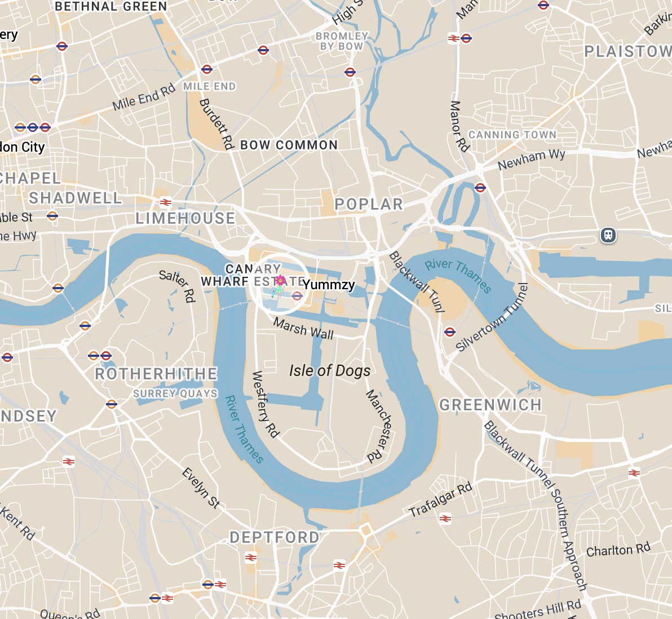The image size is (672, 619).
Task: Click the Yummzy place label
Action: (329, 285)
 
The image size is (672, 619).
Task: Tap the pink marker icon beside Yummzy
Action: (280, 280)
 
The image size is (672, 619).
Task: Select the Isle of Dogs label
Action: (330, 370)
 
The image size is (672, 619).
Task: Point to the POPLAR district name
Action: (369, 204)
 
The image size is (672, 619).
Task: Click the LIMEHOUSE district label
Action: (185, 218)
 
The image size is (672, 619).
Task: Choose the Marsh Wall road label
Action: (303, 328)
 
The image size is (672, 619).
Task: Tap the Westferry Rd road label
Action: (265, 404)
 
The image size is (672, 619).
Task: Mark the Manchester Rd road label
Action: (378, 426)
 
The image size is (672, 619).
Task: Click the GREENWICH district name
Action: (490, 405)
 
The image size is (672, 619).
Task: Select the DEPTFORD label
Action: (275, 537)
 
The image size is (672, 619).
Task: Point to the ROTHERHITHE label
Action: (156, 374)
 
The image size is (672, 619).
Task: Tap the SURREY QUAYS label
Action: (175, 393)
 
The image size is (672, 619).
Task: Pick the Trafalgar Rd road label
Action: (440, 500)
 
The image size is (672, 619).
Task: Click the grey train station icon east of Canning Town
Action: (608, 235)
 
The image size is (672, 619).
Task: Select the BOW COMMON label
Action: (289, 145)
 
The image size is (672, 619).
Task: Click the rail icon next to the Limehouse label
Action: (165, 202)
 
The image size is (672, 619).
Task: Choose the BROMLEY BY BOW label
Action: (342, 41)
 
